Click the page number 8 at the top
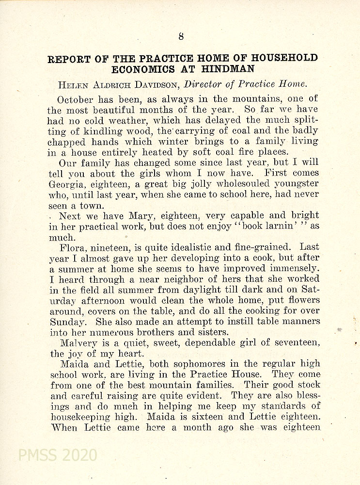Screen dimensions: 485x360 (180, 35)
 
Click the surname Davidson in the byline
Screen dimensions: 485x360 (155, 84)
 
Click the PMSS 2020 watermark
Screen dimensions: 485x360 (57, 455)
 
